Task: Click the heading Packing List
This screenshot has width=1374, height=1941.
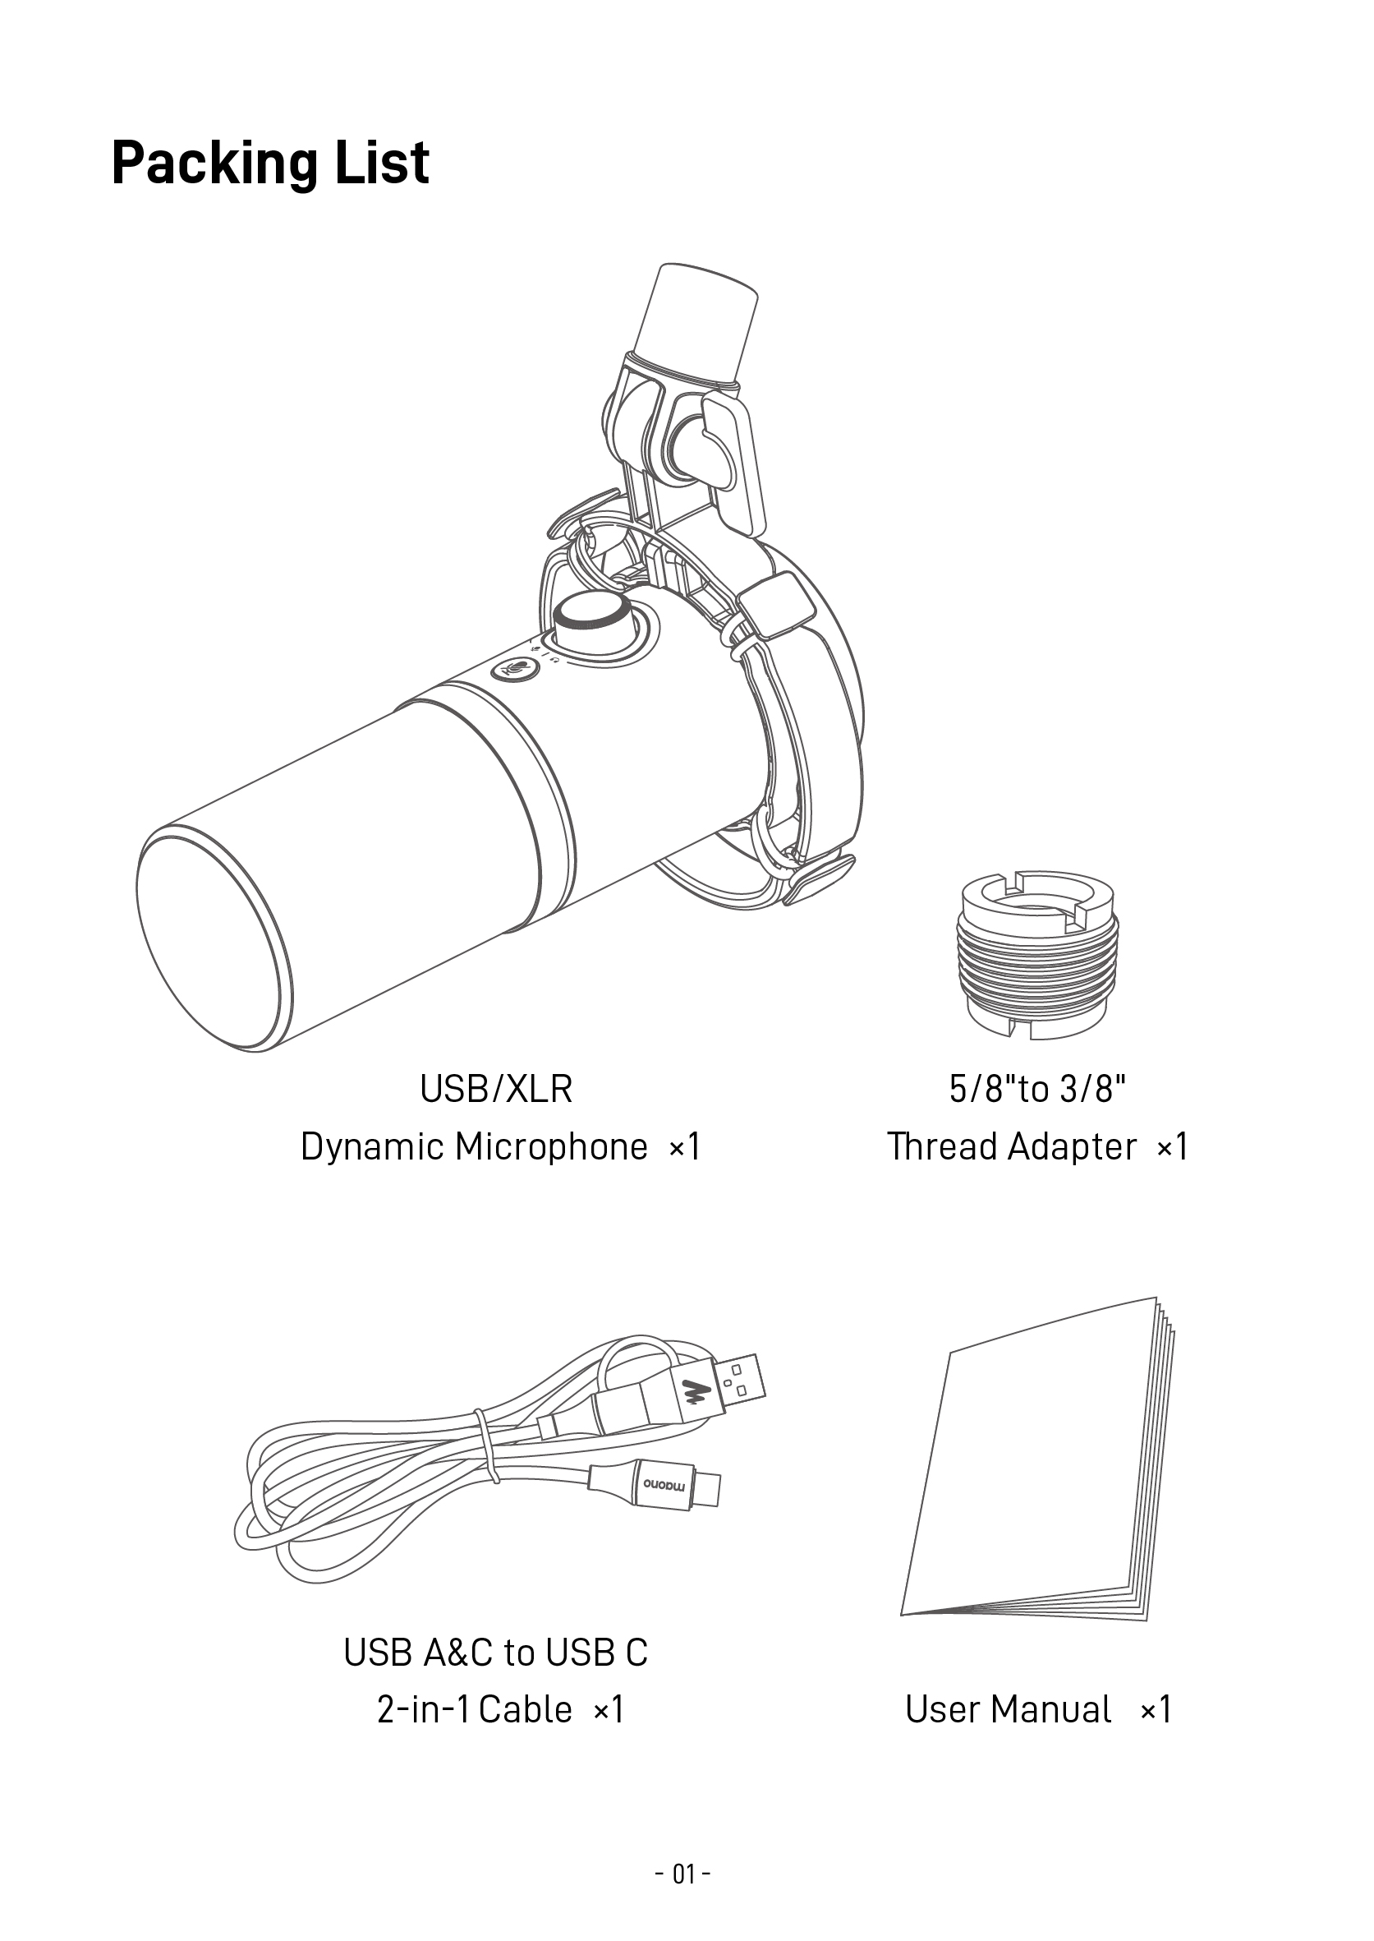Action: point(270,163)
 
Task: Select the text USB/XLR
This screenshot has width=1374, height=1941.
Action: point(496,1089)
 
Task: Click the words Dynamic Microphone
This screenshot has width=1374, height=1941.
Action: point(474,1147)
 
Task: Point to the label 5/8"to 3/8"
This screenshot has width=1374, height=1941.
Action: point(1037,1089)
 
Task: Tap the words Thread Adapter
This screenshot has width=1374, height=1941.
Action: point(1011,1147)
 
